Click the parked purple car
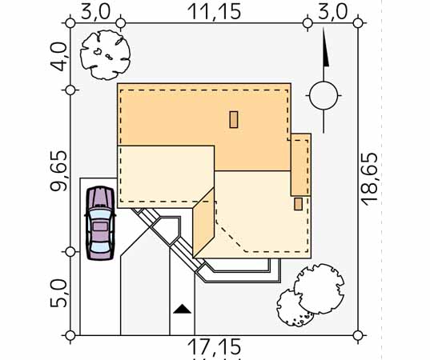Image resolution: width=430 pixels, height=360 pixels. click(100, 223)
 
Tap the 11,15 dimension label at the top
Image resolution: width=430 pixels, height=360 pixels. click(214, 12)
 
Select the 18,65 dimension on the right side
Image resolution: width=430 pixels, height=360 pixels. click(369, 179)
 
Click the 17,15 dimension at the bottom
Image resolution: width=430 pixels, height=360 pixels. click(214, 346)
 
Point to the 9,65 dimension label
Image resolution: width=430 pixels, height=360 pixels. click(58, 170)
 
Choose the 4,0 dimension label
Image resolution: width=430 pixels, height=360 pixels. click(58, 57)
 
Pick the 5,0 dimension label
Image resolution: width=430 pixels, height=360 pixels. click(58, 293)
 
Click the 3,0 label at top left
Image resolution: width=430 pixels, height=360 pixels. click(96, 12)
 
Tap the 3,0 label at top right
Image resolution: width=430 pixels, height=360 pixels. click(332, 12)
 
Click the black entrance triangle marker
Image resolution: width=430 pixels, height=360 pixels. click(182, 309)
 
